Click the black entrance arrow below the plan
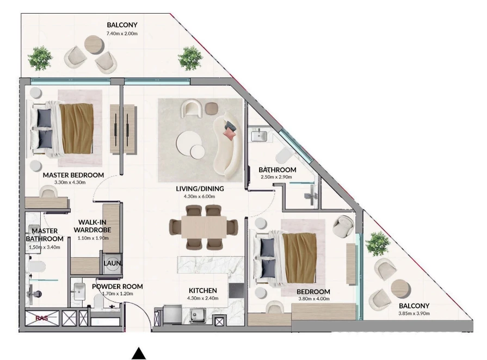pyautogui.click(x=139, y=353)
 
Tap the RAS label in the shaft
pyautogui.click(x=41, y=318)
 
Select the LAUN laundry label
pyautogui.click(x=112, y=263)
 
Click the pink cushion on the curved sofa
pyautogui.click(x=230, y=134)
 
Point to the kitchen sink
pyautogui.click(x=198, y=316)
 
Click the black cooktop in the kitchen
pyautogui.click(x=236, y=291)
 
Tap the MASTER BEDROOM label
pyautogui.click(x=73, y=175)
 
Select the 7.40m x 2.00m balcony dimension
pyautogui.click(x=122, y=34)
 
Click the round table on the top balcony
pyautogui.click(x=94, y=45)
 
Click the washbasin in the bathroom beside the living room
pyautogui.click(x=258, y=135)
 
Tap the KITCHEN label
pyautogui.click(x=203, y=290)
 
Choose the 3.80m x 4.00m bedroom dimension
pyautogui.click(x=313, y=299)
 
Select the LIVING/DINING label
pyautogui.click(x=200, y=188)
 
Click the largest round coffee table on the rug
pyautogui.click(x=187, y=143)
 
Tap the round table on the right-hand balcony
pyautogui.click(x=401, y=289)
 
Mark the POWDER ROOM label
pyautogui.click(x=118, y=287)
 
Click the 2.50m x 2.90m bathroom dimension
pyautogui.click(x=276, y=177)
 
